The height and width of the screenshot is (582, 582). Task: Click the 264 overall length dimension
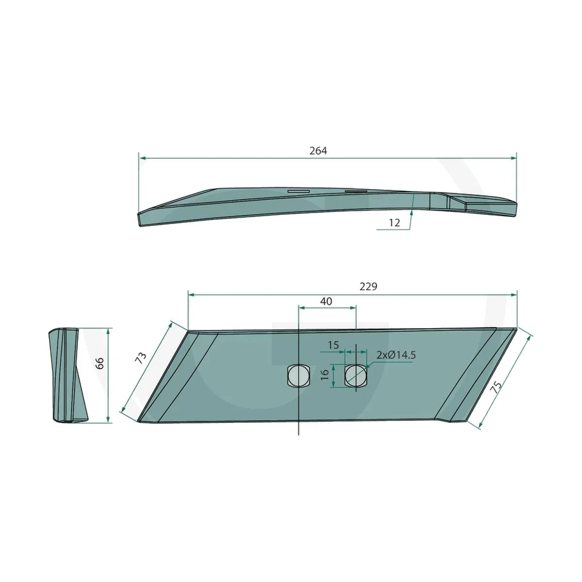(x=318, y=151)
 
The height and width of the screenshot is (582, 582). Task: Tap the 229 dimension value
(x=368, y=286)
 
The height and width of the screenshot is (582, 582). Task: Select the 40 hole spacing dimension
(x=326, y=301)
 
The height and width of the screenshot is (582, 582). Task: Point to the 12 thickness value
(x=394, y=223)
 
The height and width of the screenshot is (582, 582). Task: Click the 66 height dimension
(x=99, y=363)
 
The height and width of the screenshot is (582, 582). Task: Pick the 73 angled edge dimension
(x=141, y=358)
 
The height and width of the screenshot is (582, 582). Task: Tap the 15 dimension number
(x=333, y=345)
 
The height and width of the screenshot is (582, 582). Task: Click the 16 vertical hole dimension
(x=324, y=374)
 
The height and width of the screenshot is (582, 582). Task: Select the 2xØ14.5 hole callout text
(x=396, y=355)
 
